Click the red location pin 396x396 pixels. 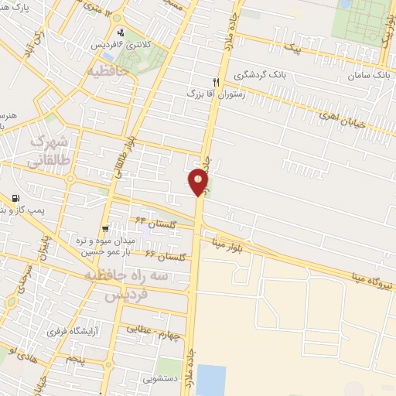tap(199, 183)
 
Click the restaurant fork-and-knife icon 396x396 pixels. tap(217, 82)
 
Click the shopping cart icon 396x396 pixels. tap(104, 229)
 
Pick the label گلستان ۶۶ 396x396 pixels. tap(160, 255)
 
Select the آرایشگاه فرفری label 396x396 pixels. tap(76, 332)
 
